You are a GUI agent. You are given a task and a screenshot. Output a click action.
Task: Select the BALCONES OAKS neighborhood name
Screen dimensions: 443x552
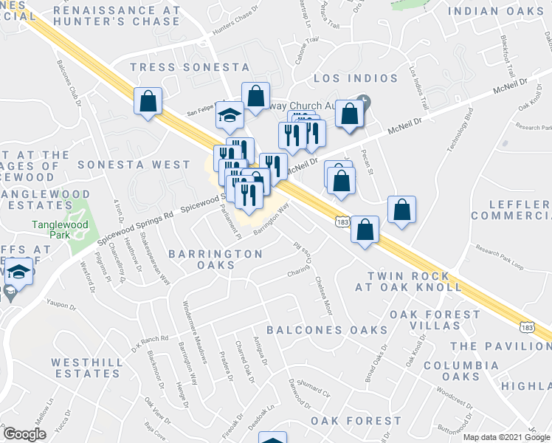pos(327,329)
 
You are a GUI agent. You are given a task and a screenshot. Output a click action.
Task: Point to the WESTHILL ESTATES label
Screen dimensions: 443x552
pos(86,369)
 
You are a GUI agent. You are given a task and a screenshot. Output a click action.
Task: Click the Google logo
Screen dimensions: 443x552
pos(24,434)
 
